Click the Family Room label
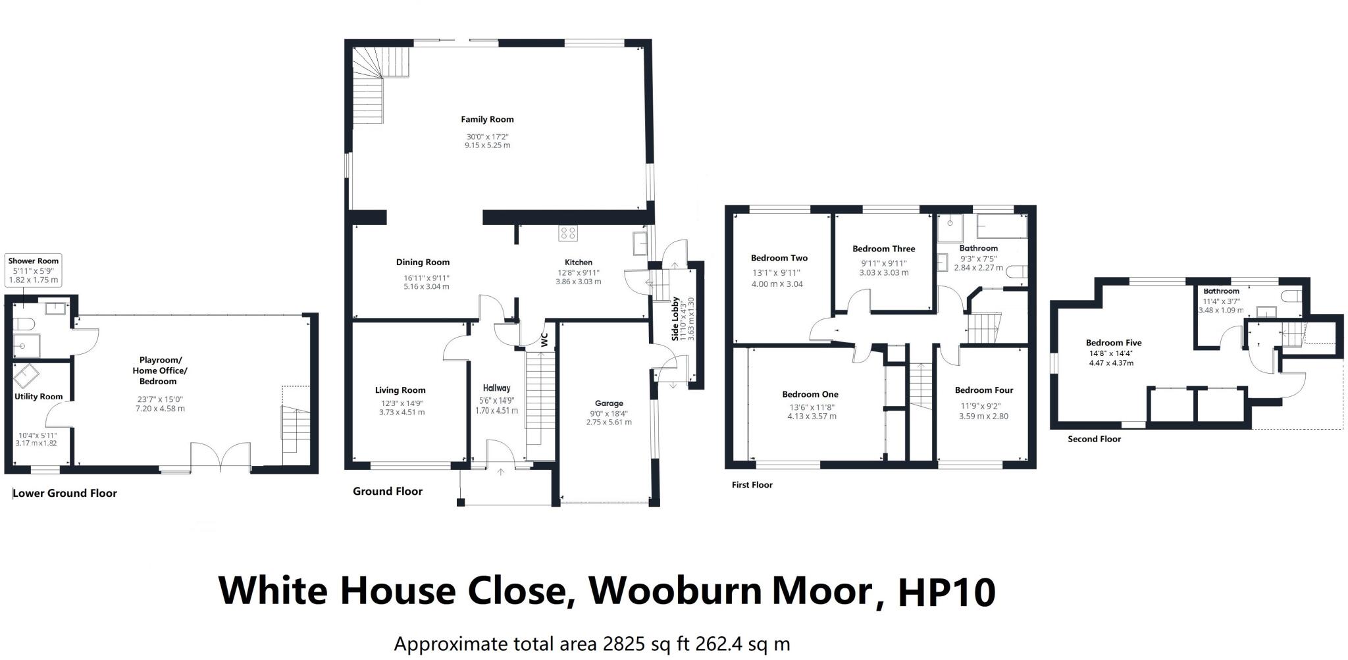pos(487,120)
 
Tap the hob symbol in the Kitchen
pos(567,232)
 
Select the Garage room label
pos(609,403)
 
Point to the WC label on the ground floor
pos(544,340)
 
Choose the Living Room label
pos(400,390)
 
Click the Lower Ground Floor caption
pos(65,493)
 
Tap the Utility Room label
pos(39,397)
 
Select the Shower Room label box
pos(34,270)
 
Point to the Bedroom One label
pos(810,394)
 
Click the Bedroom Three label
pos(883,249)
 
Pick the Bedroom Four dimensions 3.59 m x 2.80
pos(983,417)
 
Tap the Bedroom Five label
pos(1114,343)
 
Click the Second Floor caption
pos(1094,439)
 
